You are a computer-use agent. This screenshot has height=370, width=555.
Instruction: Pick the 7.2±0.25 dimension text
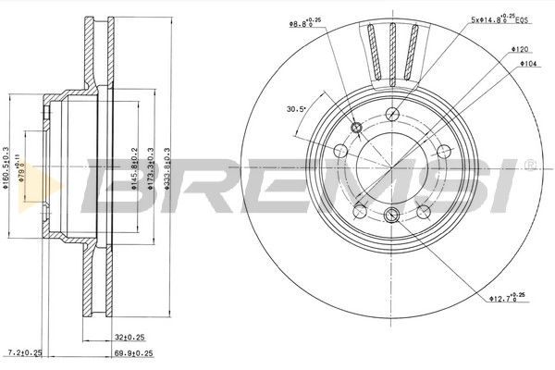click(24, 353)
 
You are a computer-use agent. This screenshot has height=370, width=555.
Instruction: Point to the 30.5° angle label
click(296, 109)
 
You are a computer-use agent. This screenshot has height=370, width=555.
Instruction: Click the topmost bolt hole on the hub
click(391, 115)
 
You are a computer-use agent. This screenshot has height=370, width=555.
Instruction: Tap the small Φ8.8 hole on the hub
click(358, 128)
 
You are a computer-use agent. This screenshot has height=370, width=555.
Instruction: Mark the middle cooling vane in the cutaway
click(391, 46)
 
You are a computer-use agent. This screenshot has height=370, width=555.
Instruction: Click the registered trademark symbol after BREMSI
click(528, 166)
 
